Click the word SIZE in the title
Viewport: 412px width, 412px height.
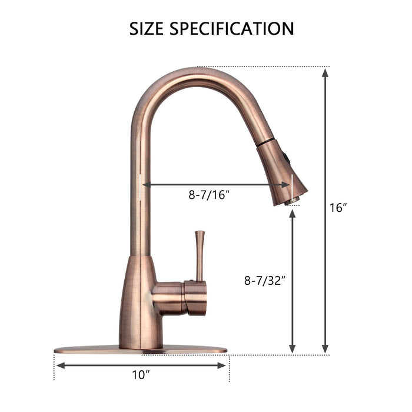pos(147,28)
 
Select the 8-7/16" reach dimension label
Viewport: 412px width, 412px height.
pos(209,195)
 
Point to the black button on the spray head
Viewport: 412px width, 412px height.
pos(286,157)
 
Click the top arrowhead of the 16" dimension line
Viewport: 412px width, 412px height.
pos(325,72)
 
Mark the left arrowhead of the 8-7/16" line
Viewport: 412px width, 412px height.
pos(145,184)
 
